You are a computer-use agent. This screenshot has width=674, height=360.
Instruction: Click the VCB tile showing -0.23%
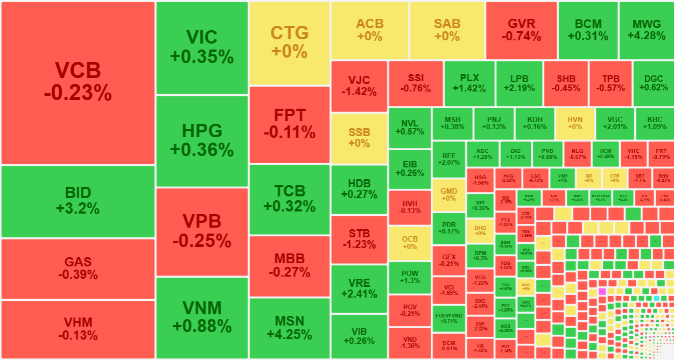[78, 83]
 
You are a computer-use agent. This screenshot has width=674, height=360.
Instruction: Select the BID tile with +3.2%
[78, 201]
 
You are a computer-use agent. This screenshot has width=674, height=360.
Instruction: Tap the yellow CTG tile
[290, 43]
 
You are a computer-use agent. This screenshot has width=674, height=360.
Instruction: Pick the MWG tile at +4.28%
[647, 30]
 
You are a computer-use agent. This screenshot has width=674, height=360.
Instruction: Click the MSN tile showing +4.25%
[290, 327]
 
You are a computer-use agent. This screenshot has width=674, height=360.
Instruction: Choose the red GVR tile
[521, 30]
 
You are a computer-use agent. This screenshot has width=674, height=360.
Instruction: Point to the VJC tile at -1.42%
[359, 86]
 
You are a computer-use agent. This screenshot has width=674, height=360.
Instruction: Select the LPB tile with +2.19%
[519, 83]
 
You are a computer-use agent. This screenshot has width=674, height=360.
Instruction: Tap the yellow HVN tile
[575, 123]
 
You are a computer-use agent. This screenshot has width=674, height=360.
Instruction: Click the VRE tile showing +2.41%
[359, 288]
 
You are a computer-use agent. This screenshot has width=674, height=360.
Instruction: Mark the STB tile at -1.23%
[359, 239]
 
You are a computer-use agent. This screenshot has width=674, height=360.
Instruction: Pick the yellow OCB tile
[410, 243]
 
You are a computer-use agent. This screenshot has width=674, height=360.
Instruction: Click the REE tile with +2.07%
[448, 159]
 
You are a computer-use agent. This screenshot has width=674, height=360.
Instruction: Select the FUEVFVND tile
[448, 318]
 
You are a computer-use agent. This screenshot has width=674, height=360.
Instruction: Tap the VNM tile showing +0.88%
[202, 317]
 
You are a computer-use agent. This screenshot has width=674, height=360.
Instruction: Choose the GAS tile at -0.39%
[78, 269]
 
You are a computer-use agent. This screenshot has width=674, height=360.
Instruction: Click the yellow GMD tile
[448, 195]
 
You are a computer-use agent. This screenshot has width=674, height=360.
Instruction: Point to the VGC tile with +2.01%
[614, 123]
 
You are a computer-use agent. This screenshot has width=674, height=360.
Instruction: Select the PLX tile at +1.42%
[469, 83]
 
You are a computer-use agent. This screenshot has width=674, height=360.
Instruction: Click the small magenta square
[602, 291]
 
